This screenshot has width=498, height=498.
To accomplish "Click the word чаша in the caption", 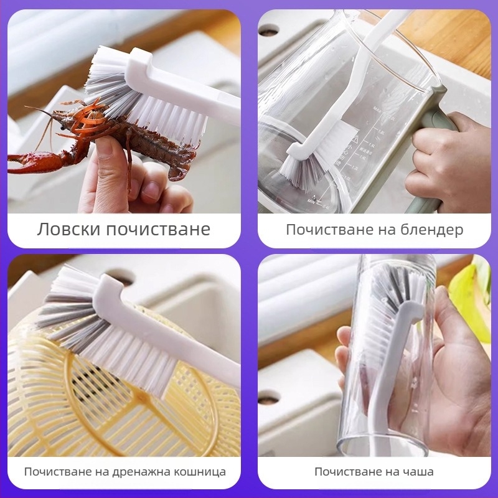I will point(417,471).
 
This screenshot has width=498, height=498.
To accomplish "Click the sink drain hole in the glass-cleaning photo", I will point(269,397).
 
